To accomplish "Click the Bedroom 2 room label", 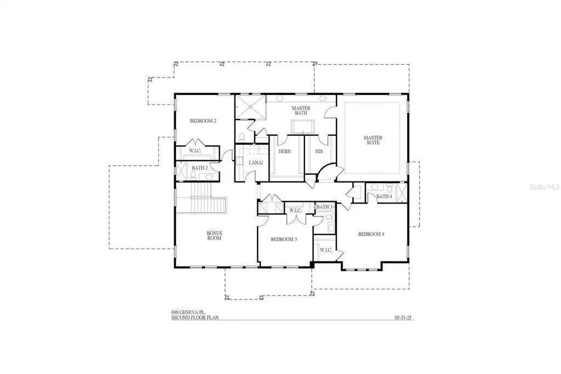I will click(x=203, y=121).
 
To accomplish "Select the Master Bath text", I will click(x=301, y=111).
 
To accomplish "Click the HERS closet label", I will click(x=284, y=151).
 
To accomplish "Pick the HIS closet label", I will click(x=319, y=151).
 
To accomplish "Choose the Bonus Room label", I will click(x=214, y=236).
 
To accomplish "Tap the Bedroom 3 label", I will click(x=284, y=239).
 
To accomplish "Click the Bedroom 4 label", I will click(x=371, y=234).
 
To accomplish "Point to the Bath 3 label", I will click(x=324, y=207).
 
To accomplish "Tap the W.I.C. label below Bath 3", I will click(x=325, y=250).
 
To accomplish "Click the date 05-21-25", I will click(x=403, y=318).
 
